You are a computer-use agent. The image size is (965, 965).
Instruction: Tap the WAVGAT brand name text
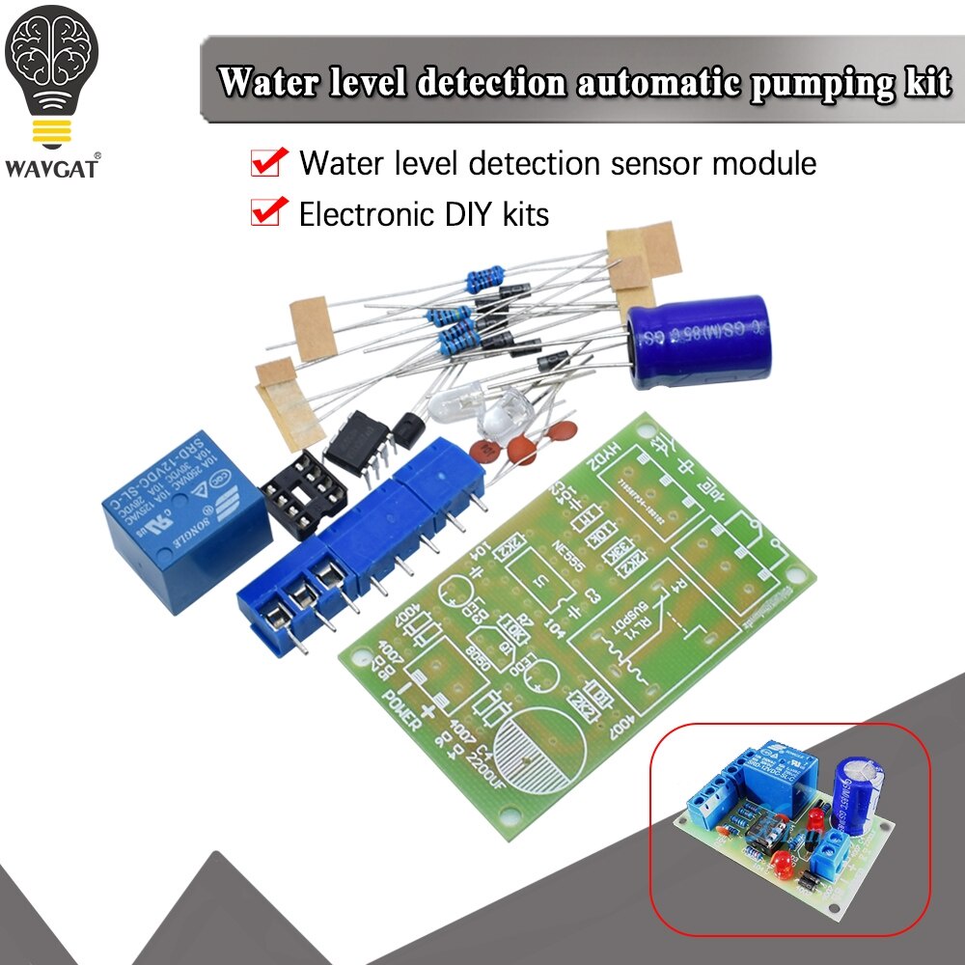(52, 168)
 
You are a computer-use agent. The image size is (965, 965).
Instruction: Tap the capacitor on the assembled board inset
(859, 777)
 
